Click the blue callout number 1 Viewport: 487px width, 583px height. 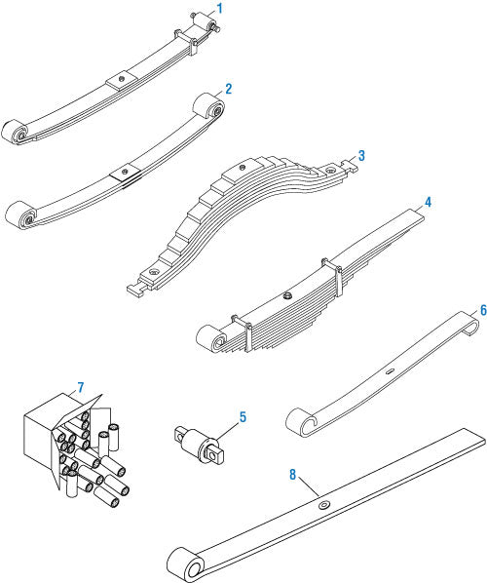pos(220,8)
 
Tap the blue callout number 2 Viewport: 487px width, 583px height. pos(228,89)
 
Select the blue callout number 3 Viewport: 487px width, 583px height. pos(361,155)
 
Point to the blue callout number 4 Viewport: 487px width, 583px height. pos(428,203)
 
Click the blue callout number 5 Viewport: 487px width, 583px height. pos(243,417)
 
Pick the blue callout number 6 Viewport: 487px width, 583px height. pos(483,310)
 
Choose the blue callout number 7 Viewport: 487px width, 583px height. pos(81,387)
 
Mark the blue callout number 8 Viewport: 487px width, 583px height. pos(293,475)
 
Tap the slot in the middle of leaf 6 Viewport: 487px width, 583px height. pos(390,370)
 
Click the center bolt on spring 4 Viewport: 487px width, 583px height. pos(287,296)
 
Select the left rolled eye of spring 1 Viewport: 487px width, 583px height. pos(15,132)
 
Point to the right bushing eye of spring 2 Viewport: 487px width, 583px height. pos(208,106)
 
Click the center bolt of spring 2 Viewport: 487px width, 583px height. pos(125,172)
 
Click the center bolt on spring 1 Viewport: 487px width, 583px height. pos(121,79)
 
